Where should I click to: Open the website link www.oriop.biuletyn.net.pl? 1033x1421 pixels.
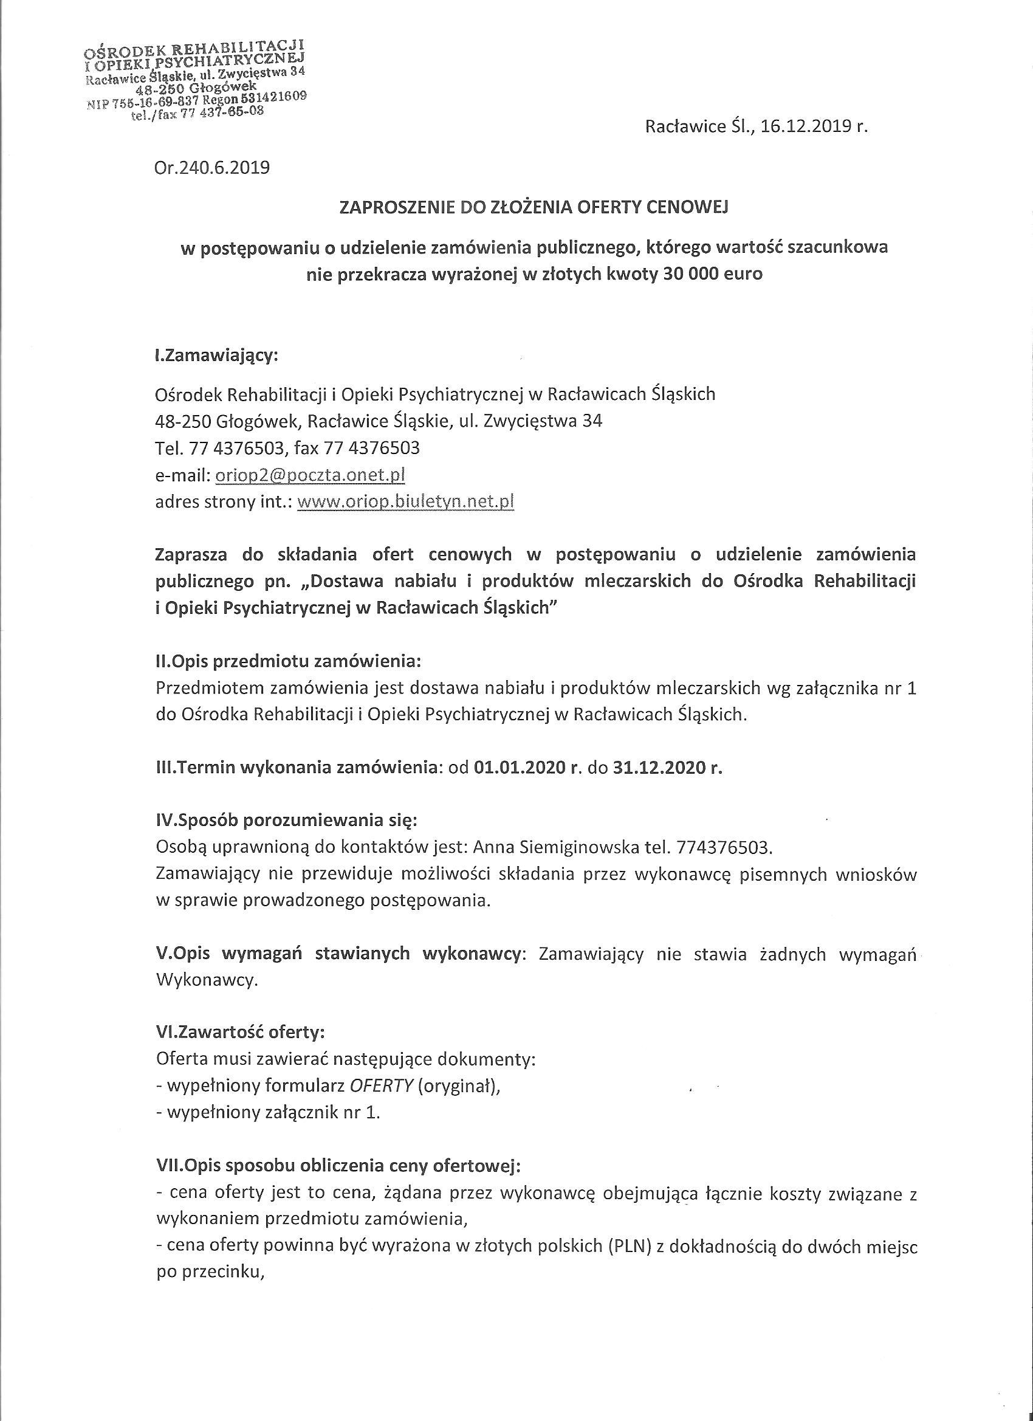pos(405,502)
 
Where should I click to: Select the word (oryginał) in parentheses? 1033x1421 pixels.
pos(459,1087)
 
